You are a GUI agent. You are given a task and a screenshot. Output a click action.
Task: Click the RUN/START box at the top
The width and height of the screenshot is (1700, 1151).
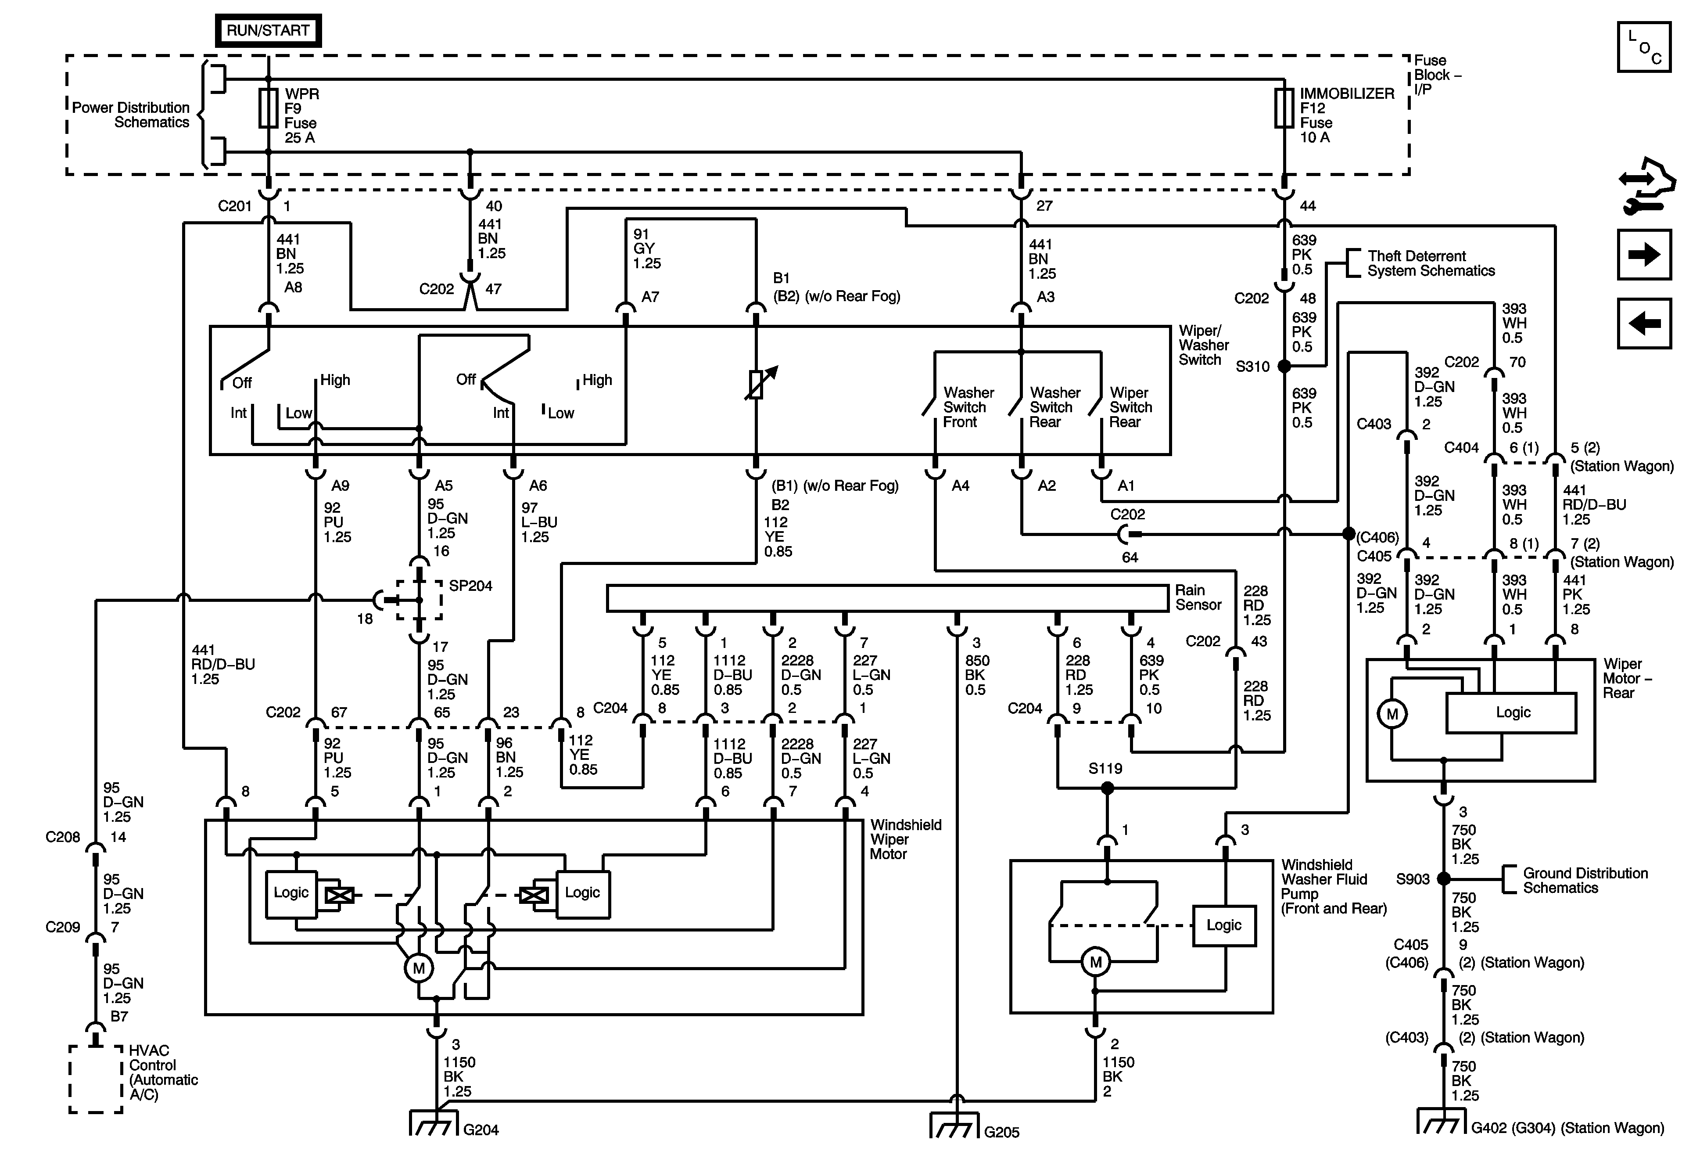point(268,31)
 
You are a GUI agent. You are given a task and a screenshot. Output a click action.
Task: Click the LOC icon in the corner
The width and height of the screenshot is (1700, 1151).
point(1644,47)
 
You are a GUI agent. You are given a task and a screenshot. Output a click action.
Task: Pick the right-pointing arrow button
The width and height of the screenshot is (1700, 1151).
point(1644,255)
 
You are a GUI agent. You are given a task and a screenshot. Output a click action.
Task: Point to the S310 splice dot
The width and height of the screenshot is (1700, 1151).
point(1284,366)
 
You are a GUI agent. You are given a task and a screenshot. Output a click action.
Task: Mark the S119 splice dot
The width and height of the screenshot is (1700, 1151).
point(1108,788)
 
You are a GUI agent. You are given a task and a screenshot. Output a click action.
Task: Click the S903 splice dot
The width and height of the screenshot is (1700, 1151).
point(1443,878)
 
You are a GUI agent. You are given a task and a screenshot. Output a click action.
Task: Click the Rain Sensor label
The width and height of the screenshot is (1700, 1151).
point(1198,597)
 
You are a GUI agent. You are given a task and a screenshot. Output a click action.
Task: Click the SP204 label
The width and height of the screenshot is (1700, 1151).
point(470,586)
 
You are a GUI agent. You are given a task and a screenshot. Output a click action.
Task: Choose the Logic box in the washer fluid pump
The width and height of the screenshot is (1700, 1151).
point(1224,926)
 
